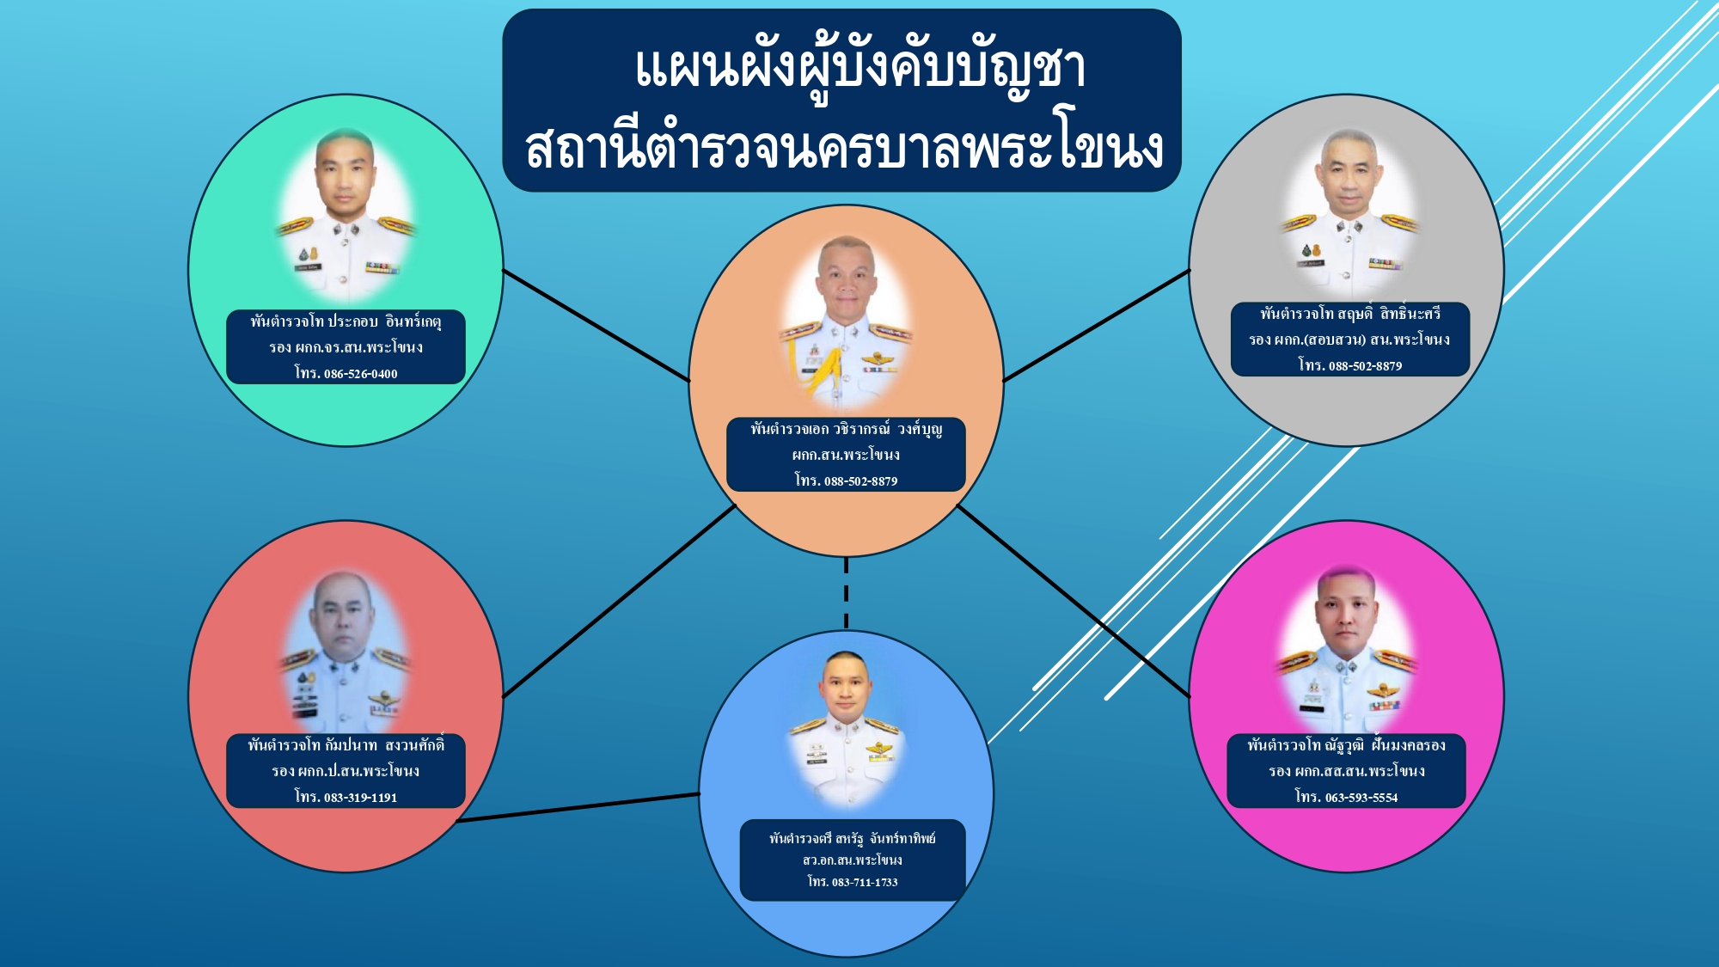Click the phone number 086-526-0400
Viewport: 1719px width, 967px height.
pyautogui.click(x=360, y=374)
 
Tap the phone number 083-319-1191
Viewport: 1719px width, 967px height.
pyautogui.click(x=360, y=798)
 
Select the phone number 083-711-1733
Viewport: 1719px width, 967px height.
pyautogui.click(x=865, y=882)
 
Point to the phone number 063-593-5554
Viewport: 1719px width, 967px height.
pyautogui.click(x=1361, y=798)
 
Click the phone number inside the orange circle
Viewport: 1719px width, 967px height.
pyautogui.click(x=860, y=481)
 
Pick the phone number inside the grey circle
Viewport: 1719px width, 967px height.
pyautogui.click(x=1365, y=366)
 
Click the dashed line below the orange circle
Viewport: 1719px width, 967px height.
pyautogui.click(x=847, y=593)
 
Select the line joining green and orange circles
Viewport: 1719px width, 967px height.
pyautogui.click(x=596, y=326)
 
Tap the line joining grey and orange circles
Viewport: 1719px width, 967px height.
pyautogui.click(x=1097, y=325)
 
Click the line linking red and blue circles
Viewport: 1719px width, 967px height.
pyautogui.click(x=578, y=808)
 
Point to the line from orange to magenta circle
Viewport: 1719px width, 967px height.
pyautogui.click(x=1074, y=601)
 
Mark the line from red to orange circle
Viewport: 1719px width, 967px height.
pyautogui.click(x=619, y=601)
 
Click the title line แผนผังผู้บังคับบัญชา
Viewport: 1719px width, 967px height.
pyautogui.click(x=860, y=69)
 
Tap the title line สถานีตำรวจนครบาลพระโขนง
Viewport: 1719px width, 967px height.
pyautogui.click(x=844, y=147)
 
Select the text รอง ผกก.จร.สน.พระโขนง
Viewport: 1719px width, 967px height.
pyautogui.click(x=346, y=348)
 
